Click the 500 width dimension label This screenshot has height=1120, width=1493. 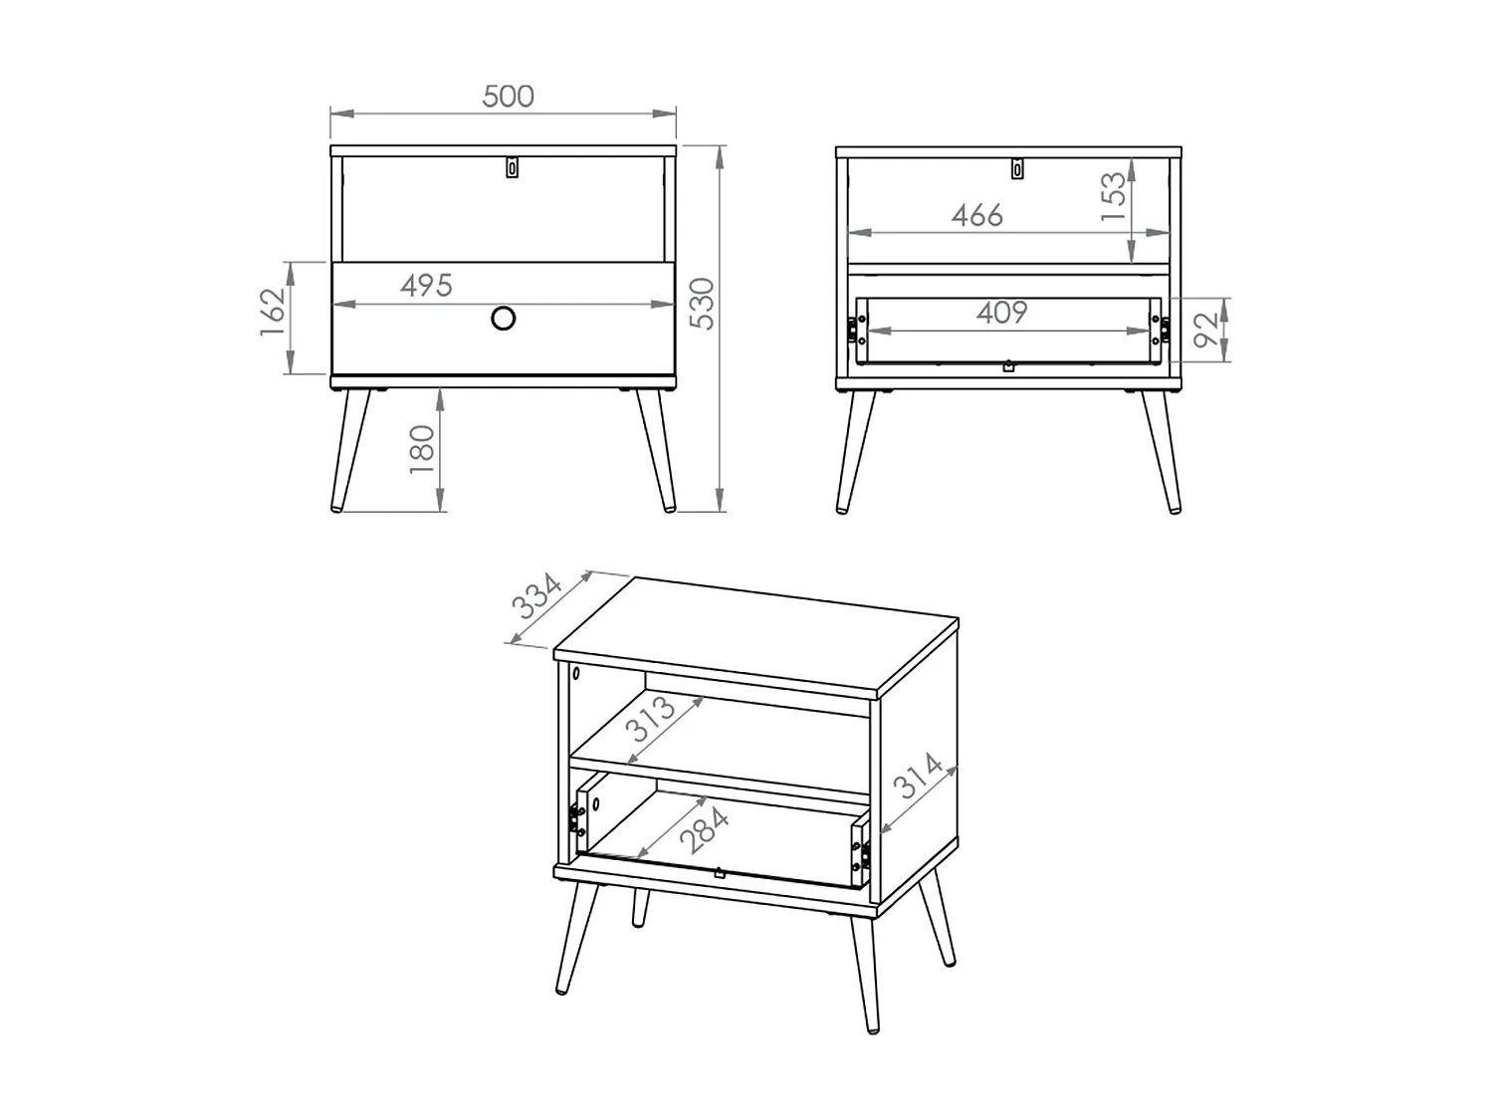508,97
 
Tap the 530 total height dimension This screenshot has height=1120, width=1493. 703,304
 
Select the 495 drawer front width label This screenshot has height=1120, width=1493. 426,286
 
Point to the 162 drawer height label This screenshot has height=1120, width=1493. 273,312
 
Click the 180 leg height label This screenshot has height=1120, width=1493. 422,450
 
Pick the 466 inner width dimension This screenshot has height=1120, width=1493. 976,216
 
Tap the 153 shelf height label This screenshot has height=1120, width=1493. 1114,196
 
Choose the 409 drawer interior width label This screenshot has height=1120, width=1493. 1002,313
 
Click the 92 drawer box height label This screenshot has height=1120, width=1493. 1206,330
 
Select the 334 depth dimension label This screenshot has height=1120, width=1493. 537,596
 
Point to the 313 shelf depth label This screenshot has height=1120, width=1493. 652,719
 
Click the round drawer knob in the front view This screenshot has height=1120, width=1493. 504,319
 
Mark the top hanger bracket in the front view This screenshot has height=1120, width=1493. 513,167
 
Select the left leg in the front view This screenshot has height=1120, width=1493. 351,450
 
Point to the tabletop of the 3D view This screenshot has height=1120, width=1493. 756,638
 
